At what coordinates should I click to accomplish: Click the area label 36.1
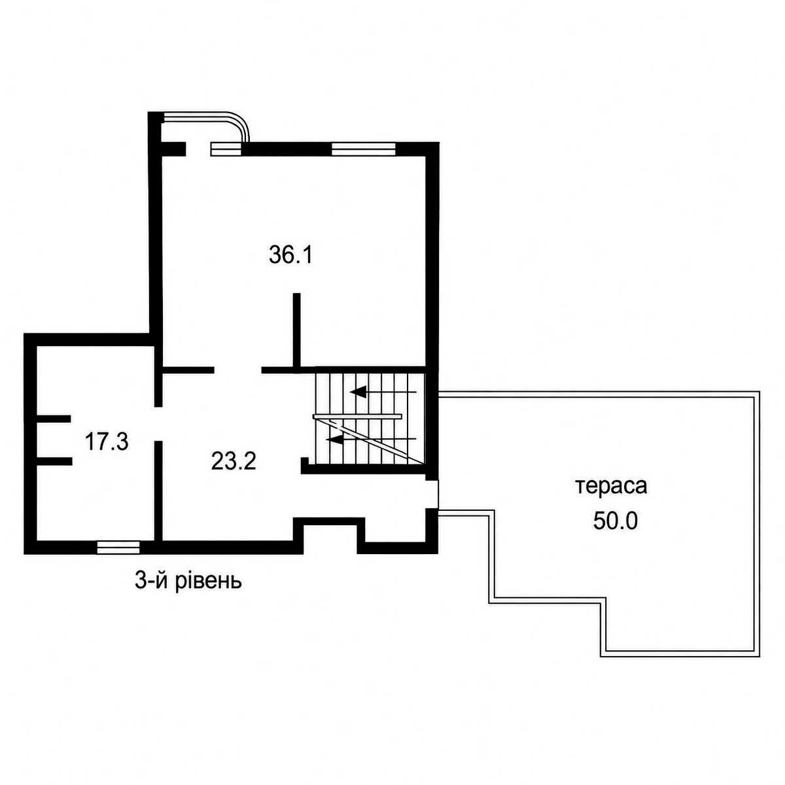[x=290, y=256]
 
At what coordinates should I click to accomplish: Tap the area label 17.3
[x=107, y=442]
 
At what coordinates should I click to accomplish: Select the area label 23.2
[x=234, y=462]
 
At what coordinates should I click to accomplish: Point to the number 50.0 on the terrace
[x=615, y=520]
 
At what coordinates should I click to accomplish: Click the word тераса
[x=612, y=487]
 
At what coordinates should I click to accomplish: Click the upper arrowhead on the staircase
[x=358, y=392]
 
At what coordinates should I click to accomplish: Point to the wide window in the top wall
[x=363, y=148]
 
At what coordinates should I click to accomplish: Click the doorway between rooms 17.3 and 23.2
[x=158, y=424]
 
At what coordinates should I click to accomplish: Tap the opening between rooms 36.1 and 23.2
[x=238, y=370]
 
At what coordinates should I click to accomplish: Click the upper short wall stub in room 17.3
[x=54, y=419]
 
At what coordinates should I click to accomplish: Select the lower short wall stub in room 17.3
[x=54, y=461]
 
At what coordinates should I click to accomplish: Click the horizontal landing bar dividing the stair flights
[x=357, y=416]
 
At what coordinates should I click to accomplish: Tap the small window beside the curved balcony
[x=226, y=148]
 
